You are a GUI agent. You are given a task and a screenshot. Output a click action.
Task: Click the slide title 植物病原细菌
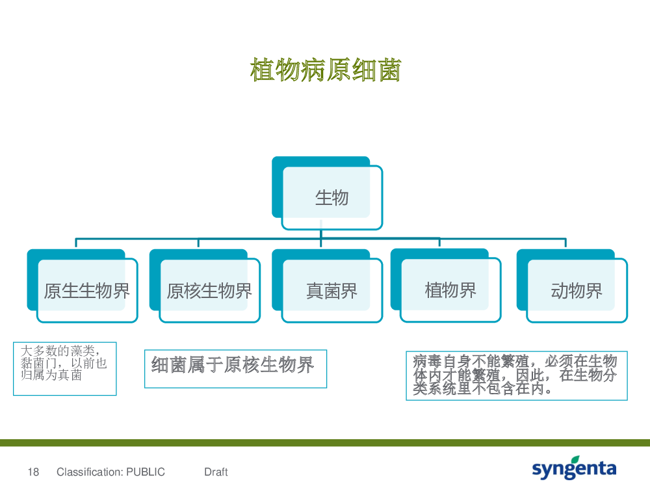click(326, 70)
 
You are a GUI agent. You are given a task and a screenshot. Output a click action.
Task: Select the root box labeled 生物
click(327, 193)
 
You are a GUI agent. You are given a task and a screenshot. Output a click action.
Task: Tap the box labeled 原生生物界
click(82, 286)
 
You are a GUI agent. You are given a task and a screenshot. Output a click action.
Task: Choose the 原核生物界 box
click(205, 286)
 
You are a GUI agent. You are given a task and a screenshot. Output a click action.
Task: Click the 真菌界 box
click(327, 286)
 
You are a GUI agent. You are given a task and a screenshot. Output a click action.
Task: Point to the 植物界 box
click(446, 286)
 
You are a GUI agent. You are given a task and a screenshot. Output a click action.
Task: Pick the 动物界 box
click(572, 286)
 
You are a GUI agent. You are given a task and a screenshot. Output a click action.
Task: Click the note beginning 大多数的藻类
click(64, 368)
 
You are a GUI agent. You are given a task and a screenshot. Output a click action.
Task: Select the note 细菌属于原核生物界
click(235, 369)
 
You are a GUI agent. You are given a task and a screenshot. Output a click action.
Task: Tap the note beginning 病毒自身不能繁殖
click(517, 375)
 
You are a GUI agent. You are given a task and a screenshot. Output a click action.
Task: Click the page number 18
click(33, 472)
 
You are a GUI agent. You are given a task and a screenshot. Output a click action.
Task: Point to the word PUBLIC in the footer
click(146, 472)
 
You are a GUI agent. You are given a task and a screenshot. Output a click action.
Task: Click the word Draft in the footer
click(216, 472)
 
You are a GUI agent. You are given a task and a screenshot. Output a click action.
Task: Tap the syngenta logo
click(574, 468)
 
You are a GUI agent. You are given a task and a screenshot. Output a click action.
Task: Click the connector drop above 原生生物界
click(76, 243)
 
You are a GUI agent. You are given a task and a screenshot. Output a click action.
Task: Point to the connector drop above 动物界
click(565, 243)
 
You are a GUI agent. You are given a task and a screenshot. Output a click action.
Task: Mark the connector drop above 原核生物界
click(198, 243)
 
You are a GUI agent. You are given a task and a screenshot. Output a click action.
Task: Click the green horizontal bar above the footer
click(325, 442)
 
